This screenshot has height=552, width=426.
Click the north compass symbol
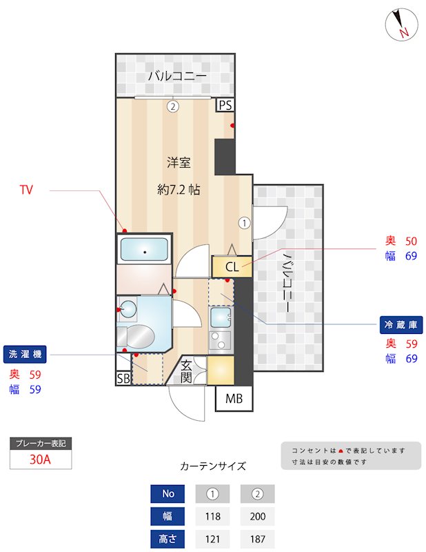400,25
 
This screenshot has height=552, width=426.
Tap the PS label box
225,106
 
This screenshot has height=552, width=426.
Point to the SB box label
123,378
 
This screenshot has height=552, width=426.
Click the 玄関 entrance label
187,372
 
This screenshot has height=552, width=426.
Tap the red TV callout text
26,189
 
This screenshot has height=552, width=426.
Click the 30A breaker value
41,460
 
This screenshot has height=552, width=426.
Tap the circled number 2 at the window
172,106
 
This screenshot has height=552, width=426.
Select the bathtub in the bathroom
145,250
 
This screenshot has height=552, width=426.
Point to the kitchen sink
221,319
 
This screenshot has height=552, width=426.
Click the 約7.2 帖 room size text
179,189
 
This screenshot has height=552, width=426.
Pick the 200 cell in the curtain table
257,516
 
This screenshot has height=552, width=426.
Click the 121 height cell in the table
213,539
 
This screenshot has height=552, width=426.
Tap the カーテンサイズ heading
212,466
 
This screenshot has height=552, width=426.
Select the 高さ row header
168,539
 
